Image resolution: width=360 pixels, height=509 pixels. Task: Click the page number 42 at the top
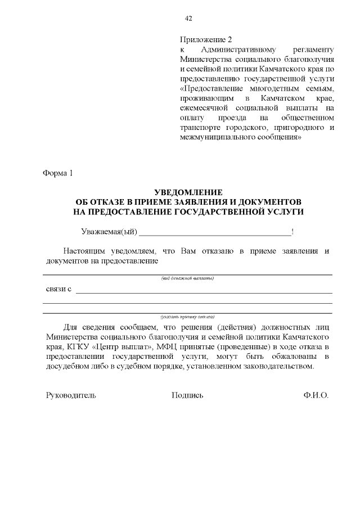coord(188,19)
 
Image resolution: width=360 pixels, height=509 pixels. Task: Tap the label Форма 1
coord(58,173)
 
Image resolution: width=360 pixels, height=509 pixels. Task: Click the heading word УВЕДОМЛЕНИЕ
coord(188,192)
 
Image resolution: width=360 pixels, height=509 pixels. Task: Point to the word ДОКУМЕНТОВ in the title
coord(269,201)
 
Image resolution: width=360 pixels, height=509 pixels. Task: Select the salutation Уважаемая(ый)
coord(109,232)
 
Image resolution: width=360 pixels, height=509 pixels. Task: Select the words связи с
coord(58,289)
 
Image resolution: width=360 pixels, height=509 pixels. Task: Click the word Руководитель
coord(71,395)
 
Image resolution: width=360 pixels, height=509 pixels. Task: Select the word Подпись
coord(187,395)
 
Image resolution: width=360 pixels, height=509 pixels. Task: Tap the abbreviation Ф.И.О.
coord(315,395)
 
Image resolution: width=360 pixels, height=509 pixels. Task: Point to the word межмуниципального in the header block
coord(213,137)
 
